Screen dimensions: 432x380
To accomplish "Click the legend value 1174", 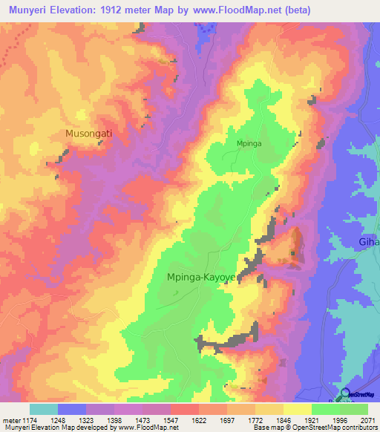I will click(29, 419).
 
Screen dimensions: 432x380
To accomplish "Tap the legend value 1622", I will click(198, 419).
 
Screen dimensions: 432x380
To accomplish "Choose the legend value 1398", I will click(114, 419).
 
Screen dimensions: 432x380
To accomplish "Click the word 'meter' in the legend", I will click(9, 419).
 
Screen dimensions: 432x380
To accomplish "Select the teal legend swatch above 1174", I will click(43, 409).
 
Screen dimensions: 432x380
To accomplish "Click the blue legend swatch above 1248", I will click(71, 409).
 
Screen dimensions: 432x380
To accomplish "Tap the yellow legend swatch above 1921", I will click(297, 409).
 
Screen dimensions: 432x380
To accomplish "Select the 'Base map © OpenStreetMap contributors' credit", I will click(315, 428).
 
